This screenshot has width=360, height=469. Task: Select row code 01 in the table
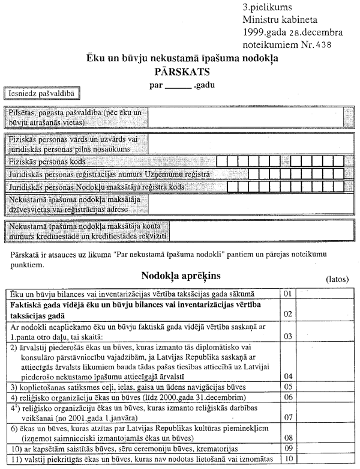pyautogui.click(x=288, y=294)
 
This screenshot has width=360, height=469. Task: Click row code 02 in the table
pyautogui.click(x=288, y=314)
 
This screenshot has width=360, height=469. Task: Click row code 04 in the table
pyautogui.click(x=288, y=375)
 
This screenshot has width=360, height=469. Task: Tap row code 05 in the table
pyautogui.click(x=288, y=387)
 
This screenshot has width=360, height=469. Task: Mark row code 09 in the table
pyautogui.click(x=288, y=448)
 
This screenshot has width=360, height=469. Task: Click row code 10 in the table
pyautogui.click(x=288, y=459)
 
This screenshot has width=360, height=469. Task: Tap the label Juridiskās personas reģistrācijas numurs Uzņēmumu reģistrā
pyautogui.click(x=110, y=174)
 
